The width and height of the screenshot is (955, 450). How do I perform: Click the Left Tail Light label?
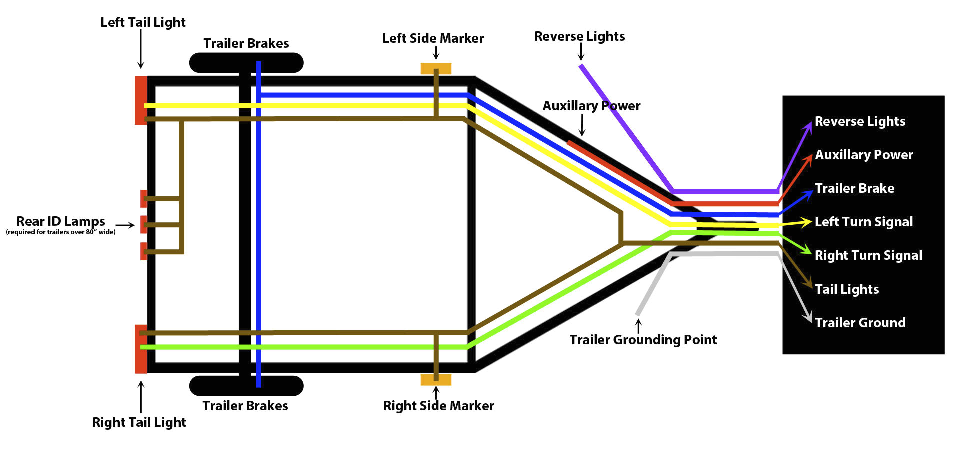(143, 23)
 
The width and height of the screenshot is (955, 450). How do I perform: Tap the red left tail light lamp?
(140, 100)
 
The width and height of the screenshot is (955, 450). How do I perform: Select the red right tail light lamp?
(140, 349)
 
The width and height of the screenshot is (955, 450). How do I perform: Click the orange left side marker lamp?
(436, 68)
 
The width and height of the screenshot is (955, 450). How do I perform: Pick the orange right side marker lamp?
(436, 380)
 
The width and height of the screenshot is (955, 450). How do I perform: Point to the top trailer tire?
(246, 63)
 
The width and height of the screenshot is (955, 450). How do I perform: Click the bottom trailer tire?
(246, 385)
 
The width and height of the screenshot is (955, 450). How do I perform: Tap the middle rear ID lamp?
(143, 224)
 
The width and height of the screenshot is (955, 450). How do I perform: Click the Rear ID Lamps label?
(60, 221)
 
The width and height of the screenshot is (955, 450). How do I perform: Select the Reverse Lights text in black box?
(860, 121)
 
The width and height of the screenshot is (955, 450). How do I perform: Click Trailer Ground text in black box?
(860, 323)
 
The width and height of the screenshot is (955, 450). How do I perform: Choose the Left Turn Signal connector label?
(863, 222)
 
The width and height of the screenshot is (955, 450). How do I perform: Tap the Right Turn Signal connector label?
(868, 255)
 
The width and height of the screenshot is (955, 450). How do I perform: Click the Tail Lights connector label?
(846, 289)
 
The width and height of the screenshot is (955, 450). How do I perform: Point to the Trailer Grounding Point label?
(643, 340)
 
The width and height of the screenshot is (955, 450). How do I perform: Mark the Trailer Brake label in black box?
(854, 188)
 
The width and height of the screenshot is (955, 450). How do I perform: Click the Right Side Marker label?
(438, 406)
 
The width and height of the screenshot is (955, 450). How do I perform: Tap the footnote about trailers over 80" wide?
(60, 232)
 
